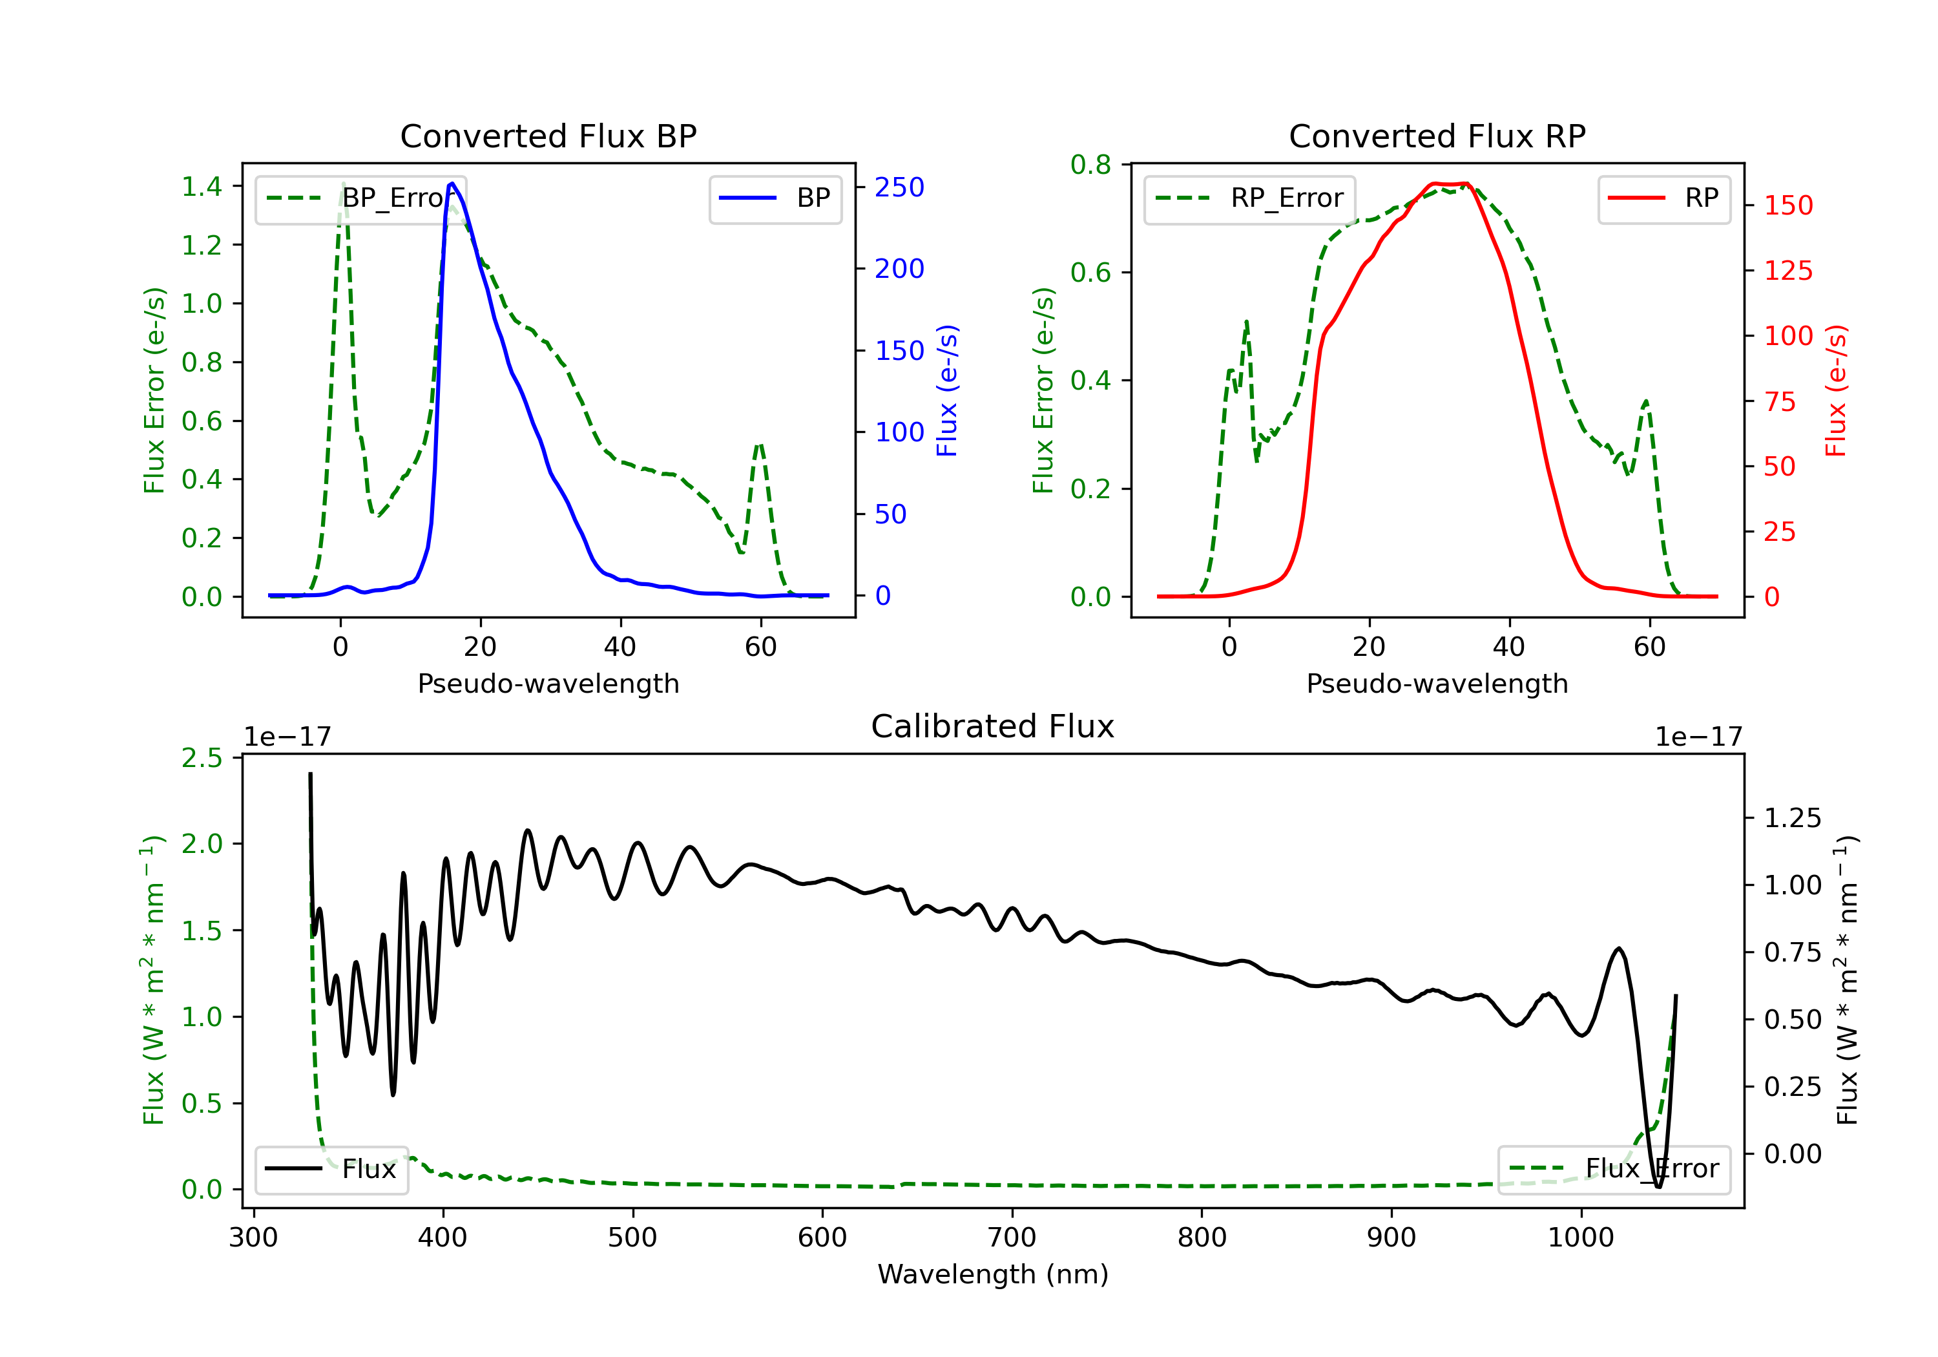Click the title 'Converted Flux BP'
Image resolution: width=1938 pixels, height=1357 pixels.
(548, 136)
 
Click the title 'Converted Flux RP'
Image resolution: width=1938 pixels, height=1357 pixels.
(1437, 136)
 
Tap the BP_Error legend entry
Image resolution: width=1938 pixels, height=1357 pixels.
(360, 198)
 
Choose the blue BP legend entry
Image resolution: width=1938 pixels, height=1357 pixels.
(775, 198)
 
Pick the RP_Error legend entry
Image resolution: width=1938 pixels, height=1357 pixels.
(1249, 198)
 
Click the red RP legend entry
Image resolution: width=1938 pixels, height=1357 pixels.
(1663, 198)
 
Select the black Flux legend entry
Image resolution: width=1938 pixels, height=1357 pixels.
(331, 1169)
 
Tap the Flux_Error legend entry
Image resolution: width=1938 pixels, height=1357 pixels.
(1614, 1169)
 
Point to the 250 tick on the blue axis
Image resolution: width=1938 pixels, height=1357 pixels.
(899, 187)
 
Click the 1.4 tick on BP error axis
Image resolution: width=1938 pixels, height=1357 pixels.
(202, 187)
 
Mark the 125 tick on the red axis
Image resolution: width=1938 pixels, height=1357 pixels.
(1787, 271)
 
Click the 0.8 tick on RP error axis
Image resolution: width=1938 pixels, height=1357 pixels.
(1090, 165)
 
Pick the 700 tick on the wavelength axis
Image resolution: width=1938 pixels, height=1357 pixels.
(1011, 1238)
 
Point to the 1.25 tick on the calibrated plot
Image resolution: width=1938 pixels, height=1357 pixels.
(1793, 818)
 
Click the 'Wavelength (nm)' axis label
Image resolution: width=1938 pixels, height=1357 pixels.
(993, 1274)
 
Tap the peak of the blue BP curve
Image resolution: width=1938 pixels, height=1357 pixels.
(452, 184)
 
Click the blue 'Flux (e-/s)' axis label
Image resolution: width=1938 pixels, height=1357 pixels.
(947, 390)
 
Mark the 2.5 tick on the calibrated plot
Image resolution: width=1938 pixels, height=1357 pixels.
(202, 758)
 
